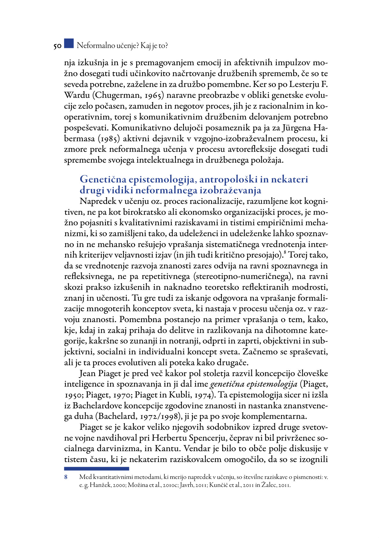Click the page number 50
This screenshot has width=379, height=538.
tap(57, 46)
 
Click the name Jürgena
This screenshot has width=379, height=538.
tap(295, 128)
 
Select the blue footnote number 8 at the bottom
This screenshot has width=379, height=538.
tap(66, 477)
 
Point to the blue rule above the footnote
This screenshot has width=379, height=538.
tap(96, 469)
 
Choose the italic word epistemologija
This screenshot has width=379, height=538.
tap(274, 384)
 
